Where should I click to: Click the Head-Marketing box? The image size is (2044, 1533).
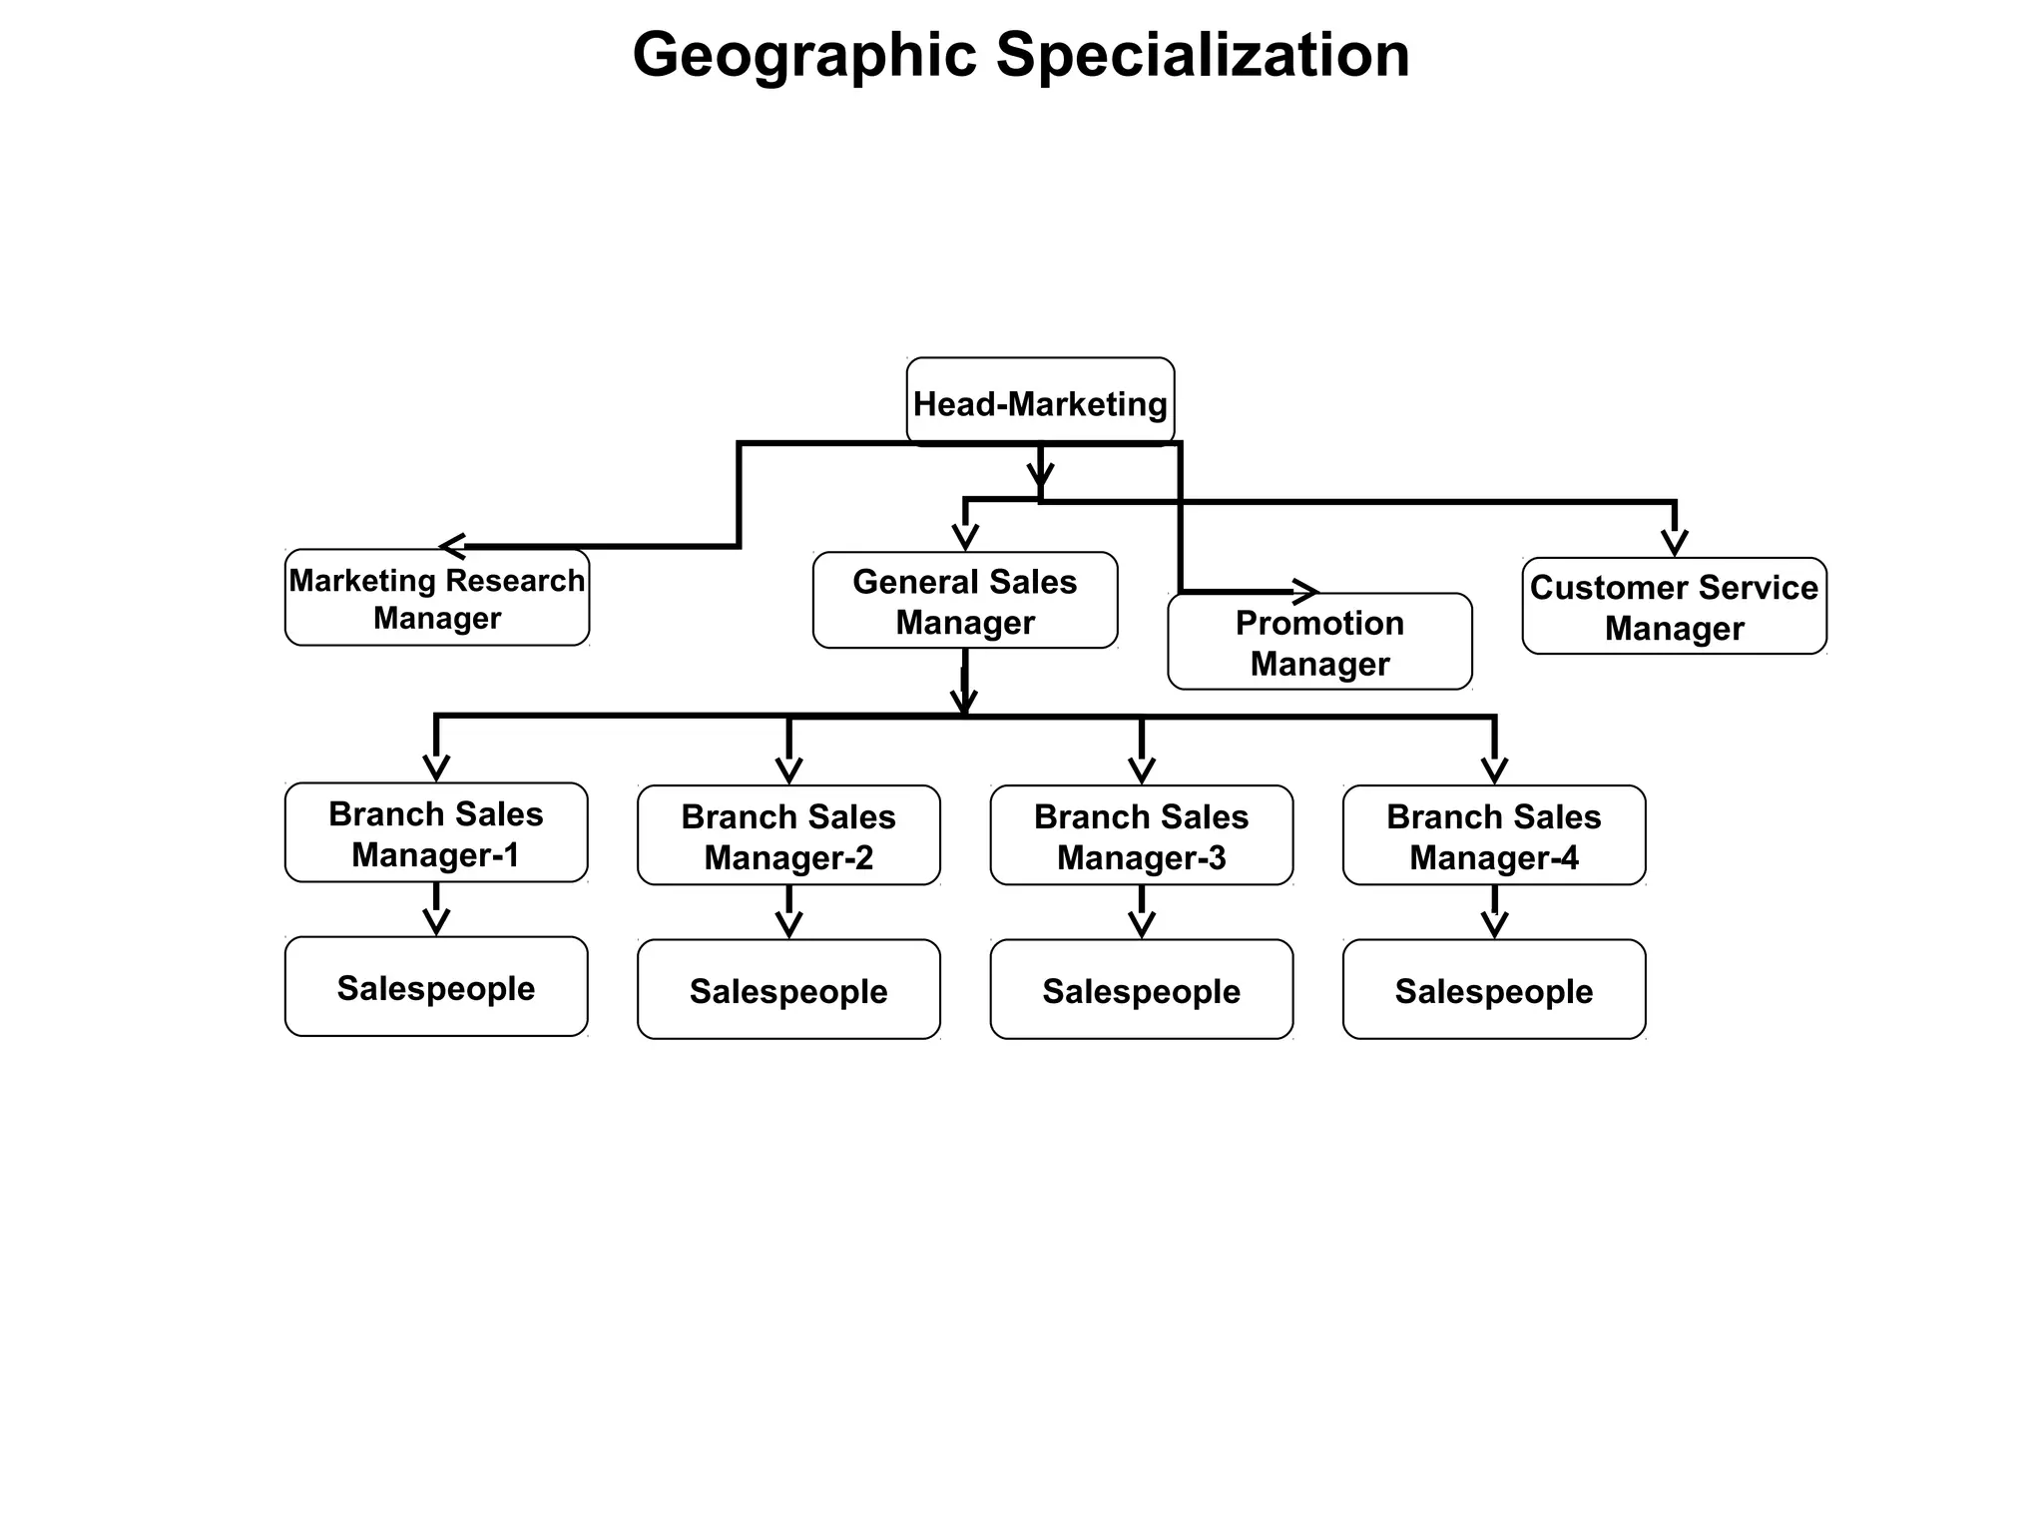click(x=1040, y=402)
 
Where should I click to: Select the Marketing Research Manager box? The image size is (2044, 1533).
click(x=437, y=598)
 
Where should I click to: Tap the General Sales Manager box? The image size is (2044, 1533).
click(x=965, y=601)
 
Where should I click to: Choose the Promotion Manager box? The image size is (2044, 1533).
click(x=1319, y=643)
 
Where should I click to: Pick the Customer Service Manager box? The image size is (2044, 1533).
click(x=1674, y=607)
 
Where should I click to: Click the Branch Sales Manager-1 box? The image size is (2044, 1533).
click(x=436, y=833)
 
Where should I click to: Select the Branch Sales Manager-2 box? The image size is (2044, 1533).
click(x=788, y=836)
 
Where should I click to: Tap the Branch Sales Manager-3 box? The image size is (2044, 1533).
click(x=1141, y=836)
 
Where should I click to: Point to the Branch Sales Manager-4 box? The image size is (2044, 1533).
click(x=1493, y=836)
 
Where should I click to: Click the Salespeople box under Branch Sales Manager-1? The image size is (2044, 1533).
click(x=436, y=987)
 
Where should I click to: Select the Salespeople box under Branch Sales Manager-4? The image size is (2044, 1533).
click(x=1493, y=990)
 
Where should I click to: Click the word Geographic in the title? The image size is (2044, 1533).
click(x=804, y=55)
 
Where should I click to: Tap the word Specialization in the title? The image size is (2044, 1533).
click(x=1203, y=55)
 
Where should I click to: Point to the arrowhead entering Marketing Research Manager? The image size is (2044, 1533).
click(x=452, y=547)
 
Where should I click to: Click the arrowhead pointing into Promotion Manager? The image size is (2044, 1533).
click(x=1306, y=592)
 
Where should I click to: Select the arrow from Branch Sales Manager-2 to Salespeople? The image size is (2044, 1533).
click(x=788, y=912)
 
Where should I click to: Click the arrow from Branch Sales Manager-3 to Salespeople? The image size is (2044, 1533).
click(x=1141, y=912)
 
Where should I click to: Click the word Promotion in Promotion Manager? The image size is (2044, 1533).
click(x=1319, y=623)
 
